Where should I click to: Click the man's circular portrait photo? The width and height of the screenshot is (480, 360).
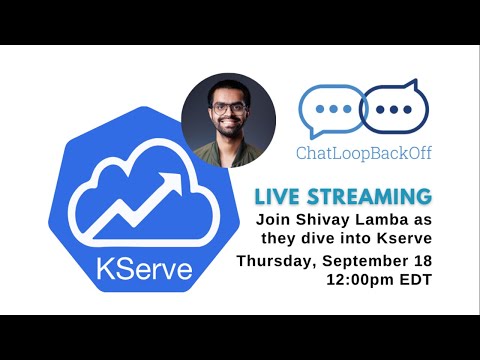(x=228, y=119)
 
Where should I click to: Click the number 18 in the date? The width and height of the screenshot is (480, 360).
(x=422, y=260)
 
